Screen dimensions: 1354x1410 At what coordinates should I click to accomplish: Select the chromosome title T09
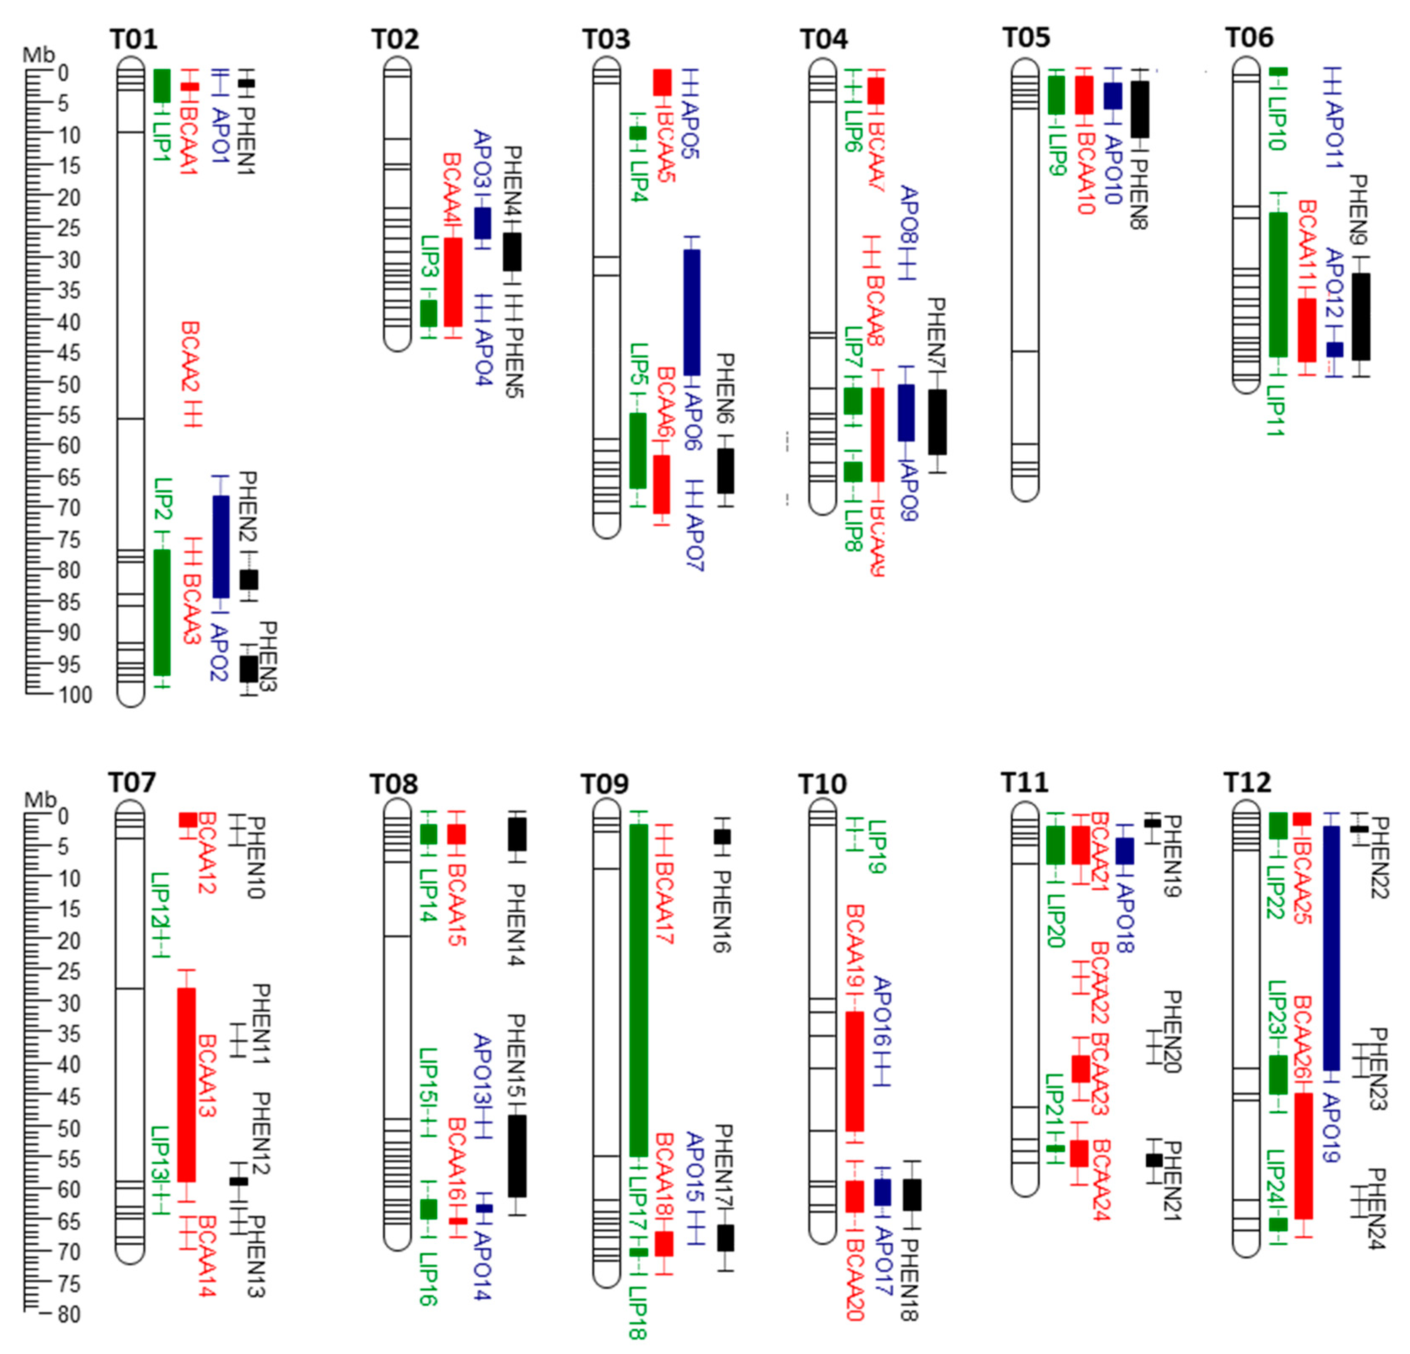click(605, 784)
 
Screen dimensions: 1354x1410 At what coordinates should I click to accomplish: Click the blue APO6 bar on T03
click(691, 312)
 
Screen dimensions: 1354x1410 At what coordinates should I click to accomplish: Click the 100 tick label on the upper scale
click(75, 695)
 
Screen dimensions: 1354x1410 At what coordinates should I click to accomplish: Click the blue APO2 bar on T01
click(220, 546)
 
